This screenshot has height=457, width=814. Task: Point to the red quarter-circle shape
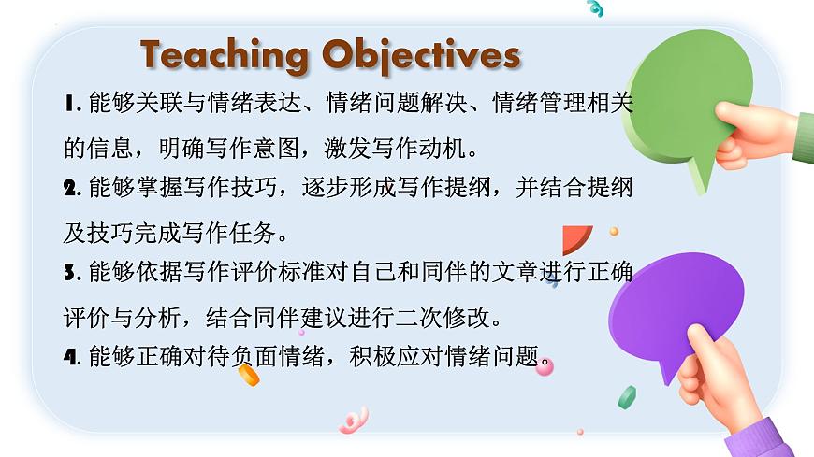click(574, 239)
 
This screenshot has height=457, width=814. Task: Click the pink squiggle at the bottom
click(353, 421)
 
